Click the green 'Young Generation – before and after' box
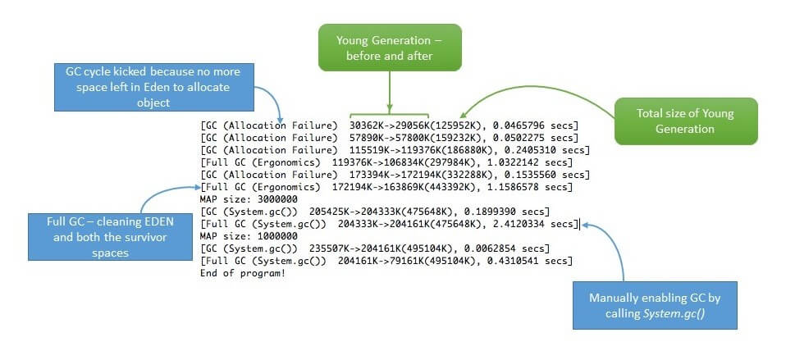point(390,47)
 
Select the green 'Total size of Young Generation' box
point(686,121)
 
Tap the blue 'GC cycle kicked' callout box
point(154,87)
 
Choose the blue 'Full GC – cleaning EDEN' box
point(110,237)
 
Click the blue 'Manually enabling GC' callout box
point(655,305)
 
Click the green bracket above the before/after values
point(390,115)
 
